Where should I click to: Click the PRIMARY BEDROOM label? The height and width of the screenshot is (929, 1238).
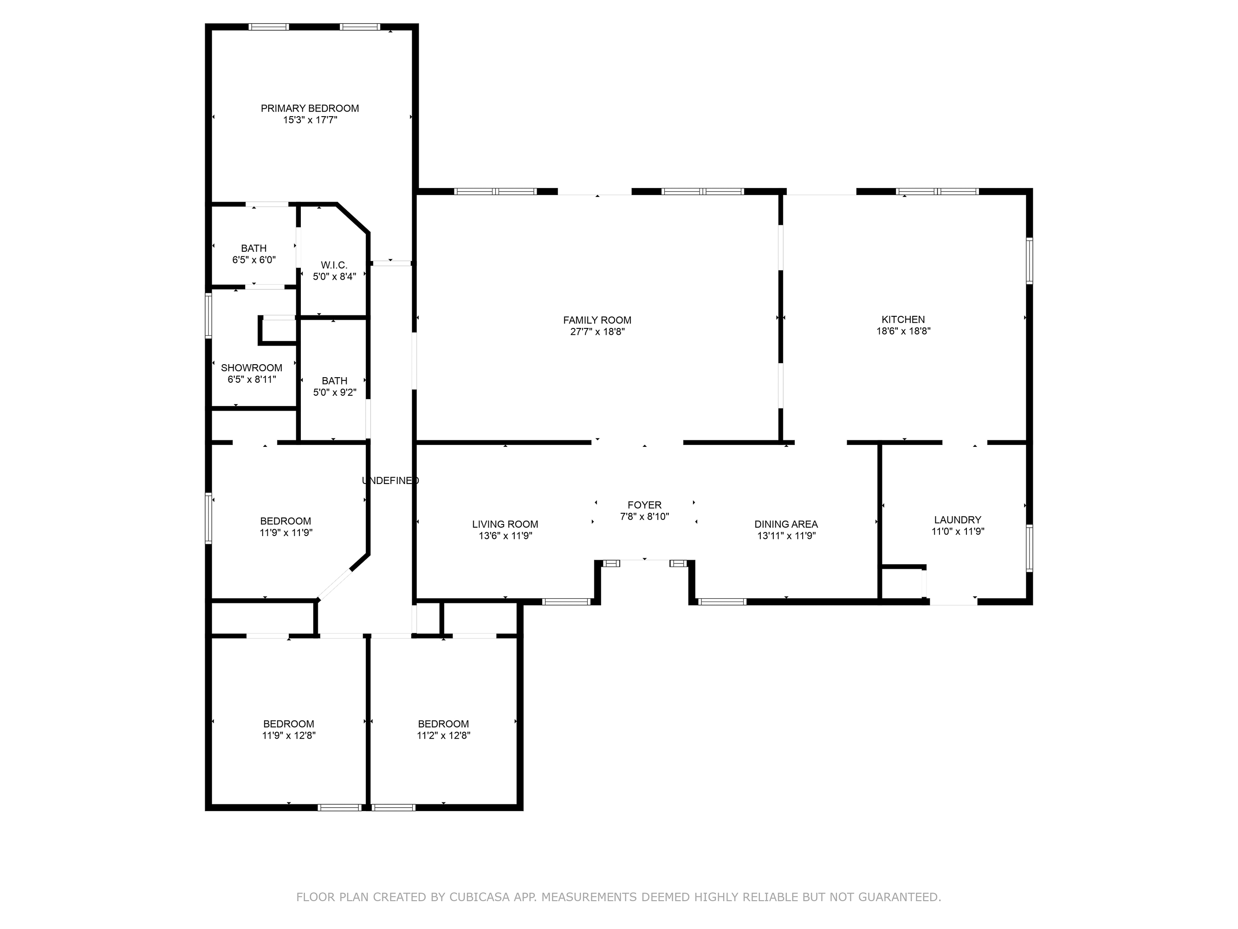310,108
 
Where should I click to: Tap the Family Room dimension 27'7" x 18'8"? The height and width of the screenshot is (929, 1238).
597,332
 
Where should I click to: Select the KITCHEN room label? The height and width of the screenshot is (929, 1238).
903,319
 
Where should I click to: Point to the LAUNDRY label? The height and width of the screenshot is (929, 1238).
957,520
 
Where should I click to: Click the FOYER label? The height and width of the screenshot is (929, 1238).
644,504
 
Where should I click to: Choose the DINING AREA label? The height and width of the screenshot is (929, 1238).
786,524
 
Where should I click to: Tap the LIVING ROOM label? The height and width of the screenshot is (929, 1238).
505,524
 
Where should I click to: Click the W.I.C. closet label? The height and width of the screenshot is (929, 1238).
334,265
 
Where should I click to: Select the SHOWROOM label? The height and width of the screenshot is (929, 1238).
251,368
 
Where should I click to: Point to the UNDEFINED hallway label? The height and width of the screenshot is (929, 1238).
390,480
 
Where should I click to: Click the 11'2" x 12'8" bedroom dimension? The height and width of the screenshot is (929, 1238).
443,735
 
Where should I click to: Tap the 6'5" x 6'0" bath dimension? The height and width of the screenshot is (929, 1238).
253,260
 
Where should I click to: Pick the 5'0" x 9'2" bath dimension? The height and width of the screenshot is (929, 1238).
334,393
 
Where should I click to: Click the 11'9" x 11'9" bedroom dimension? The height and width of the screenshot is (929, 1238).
285,532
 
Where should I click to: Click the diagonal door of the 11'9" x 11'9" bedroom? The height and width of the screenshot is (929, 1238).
334,585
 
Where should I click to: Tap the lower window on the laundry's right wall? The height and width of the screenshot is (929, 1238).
1029,548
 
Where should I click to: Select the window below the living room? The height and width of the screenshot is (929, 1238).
566,602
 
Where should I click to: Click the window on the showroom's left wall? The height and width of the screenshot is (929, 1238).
208,316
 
